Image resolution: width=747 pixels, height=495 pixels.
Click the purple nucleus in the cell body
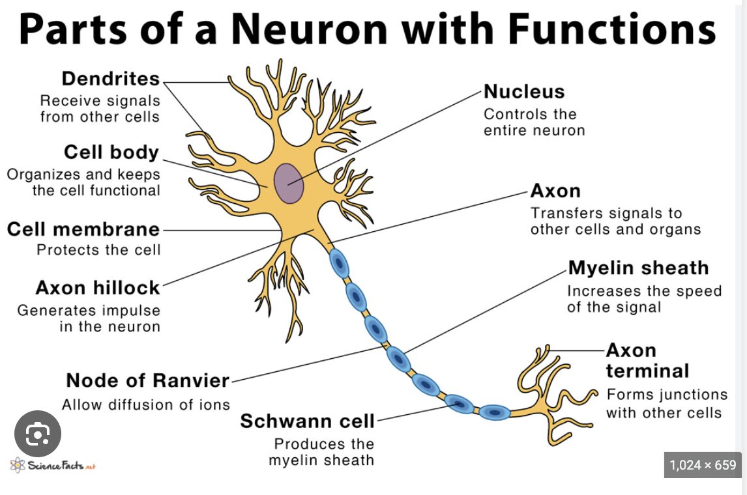point(288,183)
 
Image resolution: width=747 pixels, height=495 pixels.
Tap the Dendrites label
point(110,79)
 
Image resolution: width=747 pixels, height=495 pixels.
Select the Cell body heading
point(111,152)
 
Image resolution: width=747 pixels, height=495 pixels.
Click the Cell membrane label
point(83,229)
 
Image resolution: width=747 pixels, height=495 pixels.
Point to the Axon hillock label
point(98,287)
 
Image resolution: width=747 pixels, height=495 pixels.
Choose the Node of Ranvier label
point(148,380)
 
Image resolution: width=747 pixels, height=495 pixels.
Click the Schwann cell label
point(308,421)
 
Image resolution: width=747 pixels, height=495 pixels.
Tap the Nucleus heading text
point(524,92)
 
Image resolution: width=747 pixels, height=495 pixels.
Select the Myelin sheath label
point(638,268)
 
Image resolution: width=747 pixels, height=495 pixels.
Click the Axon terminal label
point(647,360)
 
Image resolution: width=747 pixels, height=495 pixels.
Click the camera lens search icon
point(38,433)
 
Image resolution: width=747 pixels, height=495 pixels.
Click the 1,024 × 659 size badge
point(703,465)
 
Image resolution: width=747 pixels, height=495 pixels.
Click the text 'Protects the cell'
point(98,250)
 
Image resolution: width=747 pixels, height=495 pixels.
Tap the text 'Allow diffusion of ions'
point(146,404)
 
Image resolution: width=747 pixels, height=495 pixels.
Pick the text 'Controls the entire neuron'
point(534,122)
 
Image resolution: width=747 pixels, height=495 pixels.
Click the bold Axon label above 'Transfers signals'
point(555,191)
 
